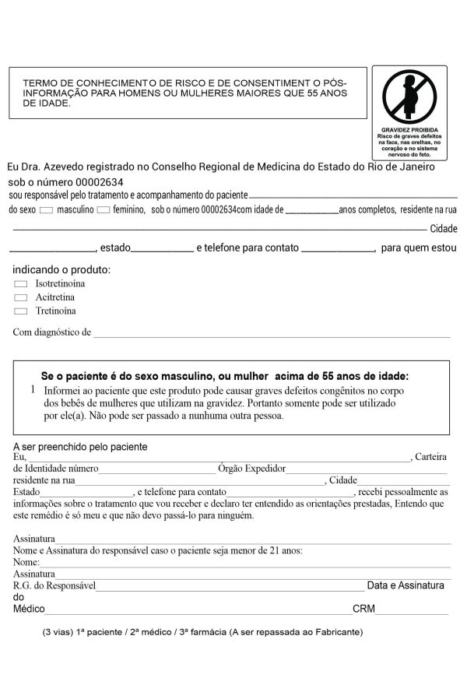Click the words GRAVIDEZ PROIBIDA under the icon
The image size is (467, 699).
409,130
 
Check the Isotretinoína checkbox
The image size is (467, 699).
21,284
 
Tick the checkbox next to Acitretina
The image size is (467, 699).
21,298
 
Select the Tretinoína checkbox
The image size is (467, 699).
21,311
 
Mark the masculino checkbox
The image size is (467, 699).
47,210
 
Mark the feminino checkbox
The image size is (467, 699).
104,210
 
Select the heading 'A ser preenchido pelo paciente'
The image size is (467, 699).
80,447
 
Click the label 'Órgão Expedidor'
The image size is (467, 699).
252,469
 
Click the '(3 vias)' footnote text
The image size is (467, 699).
58,632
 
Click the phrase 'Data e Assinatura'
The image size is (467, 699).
406,585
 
